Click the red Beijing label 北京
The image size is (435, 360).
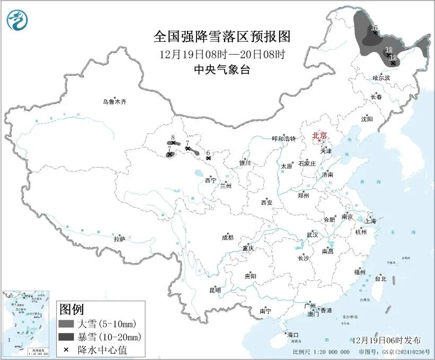point(319,135)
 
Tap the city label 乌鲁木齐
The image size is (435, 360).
point(115,101)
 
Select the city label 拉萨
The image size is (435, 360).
point(119,239)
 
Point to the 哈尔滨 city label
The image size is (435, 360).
point(381,78)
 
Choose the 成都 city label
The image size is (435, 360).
point(228,238)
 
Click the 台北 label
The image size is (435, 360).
point(380,278)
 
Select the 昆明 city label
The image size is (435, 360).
point(215,290)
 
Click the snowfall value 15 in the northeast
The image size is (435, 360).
point(374,28)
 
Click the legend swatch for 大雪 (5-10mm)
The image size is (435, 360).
point(67,323)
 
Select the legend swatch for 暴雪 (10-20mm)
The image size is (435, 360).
point(67,337)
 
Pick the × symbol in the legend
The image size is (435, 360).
point(67,350)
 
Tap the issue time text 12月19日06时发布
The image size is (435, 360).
point(385,340)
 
